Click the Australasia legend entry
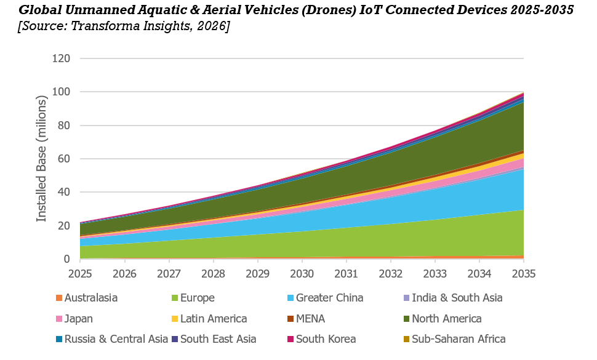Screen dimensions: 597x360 pos(86,298)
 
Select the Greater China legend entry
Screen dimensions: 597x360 pos(325,298)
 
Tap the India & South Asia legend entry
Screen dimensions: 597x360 pos(453,298)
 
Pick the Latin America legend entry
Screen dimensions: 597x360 pos(209,319)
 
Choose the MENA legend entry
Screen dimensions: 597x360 pos(306,319)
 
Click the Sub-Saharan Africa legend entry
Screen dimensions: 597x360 pos(454,338)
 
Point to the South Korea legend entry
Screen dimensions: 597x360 pos(322,338)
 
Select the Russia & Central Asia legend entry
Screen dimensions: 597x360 pos(112,338)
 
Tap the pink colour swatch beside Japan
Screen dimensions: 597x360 pos(59,319)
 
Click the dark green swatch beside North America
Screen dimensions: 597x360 pos(406,319)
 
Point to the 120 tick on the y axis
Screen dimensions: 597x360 pos(62,58)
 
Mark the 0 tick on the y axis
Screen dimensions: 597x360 pos(67,259)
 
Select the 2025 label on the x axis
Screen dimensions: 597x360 pos(80,274)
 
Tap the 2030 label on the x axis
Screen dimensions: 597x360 pos(302,274)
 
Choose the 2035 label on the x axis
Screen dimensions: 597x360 pos(524,274)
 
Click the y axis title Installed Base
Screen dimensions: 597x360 pos(41,158)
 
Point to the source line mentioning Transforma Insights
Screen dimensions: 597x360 pos(124,26)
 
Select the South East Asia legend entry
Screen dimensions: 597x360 pos(214,338)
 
